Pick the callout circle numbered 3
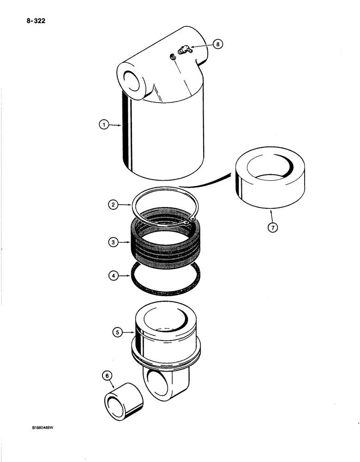pyautogui.click(x=114, y=240)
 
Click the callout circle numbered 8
pyautogui.click(x=219, y=44)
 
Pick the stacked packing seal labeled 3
pyautogui.click(x=166, y=240)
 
